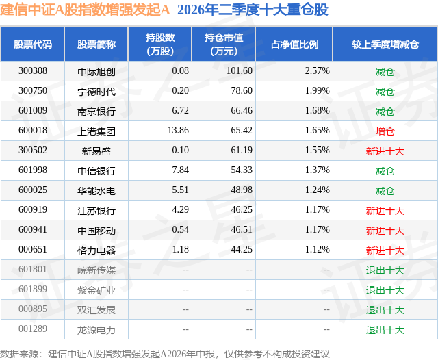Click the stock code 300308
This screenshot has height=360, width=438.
coord(33,71)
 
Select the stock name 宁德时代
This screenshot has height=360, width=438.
coord(96,92)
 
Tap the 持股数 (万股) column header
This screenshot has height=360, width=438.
coord(160,44)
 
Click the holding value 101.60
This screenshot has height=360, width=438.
coord(240,71)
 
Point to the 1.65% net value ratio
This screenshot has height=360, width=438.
coord(318,131)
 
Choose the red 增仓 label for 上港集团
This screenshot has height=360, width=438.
coord(385,131)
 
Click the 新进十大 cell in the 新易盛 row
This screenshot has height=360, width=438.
coord(385,151)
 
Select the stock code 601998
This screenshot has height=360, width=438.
coord(33,170)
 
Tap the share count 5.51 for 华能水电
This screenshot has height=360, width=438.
coord(181,190)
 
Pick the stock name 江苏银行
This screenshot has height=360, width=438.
coord(96,211)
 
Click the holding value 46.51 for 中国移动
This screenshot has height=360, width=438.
coord(242,229)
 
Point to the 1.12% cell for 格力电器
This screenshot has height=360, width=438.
coord(318,249)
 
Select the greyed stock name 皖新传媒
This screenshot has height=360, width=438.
coord(96,270)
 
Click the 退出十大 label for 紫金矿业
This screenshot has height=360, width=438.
coord(385,290)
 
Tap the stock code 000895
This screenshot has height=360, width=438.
coord(33,309)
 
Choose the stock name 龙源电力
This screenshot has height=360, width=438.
coord(96,330)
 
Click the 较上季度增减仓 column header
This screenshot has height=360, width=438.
coord(385,44)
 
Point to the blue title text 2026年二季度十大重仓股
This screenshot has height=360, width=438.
coord(253,10)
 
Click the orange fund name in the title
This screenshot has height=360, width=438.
coord(85,10)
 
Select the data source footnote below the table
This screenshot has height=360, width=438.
coord(165,354)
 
